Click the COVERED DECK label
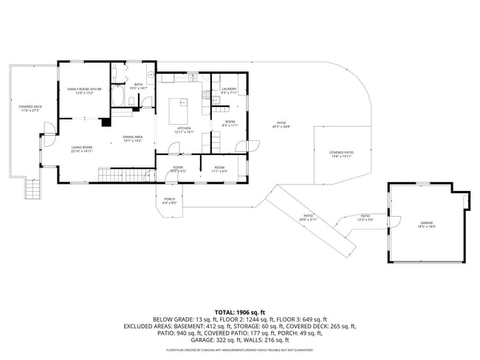[30, 106]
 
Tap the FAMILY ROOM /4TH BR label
[83, 89]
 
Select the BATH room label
[138, 84]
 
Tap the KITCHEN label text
[183, 128]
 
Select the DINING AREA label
[132, 136]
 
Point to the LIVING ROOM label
[81, 148]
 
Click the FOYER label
[178, 167]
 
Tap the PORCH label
[169, 199]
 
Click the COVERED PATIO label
[340, 153]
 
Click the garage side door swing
[394, 221]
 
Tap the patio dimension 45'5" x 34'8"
[281, 126]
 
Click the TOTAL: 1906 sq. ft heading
[239, 312]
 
